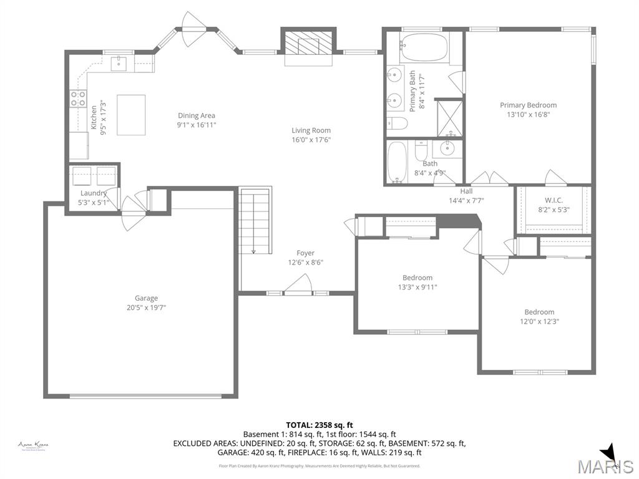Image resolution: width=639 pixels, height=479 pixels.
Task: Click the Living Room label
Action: point(311,130)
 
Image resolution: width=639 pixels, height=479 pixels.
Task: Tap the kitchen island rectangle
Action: point(131,115)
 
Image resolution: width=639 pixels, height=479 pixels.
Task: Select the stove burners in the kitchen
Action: point(78,99)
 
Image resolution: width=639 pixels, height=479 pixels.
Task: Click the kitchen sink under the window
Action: point(119,63)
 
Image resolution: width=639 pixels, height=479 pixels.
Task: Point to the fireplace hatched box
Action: point(309,43)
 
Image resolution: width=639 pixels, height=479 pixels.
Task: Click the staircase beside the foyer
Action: point(256,221)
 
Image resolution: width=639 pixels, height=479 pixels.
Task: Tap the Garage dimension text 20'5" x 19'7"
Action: point(147,307)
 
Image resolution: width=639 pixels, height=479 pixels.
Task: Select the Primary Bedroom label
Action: point(528,105)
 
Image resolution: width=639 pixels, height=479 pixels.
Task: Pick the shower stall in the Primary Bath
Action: point(449,117)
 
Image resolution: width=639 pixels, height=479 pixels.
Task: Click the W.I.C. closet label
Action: point(553,201)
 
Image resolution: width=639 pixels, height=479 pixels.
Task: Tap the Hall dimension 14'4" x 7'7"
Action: point(466,200)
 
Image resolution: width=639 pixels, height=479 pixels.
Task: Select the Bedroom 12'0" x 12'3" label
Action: point(539,312)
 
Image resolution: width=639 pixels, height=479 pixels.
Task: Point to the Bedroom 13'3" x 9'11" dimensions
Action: point(417,287)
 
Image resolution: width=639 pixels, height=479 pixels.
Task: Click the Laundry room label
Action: point(93,193)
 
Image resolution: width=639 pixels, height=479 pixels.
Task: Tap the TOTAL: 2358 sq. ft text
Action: point(319,425)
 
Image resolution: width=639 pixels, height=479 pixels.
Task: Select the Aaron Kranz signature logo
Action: point(33,445)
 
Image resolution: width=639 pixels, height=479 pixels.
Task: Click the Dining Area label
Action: point(197,115)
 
